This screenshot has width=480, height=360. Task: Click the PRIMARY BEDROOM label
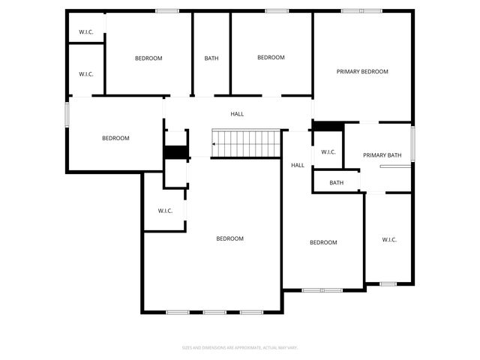362,72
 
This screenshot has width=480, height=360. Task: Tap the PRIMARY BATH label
382,155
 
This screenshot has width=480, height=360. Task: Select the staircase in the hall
246,142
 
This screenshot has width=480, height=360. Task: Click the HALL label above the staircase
237,114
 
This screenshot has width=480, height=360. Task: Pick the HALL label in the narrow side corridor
298,165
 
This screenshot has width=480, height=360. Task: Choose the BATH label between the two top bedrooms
211,58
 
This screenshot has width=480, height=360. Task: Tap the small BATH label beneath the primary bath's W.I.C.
336,182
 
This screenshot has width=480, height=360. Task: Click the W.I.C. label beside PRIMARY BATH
328,152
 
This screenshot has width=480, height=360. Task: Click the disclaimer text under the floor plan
240,347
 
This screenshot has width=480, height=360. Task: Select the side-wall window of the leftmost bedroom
67,115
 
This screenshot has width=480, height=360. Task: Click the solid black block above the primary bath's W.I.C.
328,126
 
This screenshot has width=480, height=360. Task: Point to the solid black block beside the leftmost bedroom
175,151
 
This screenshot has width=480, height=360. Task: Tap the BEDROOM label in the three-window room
229,238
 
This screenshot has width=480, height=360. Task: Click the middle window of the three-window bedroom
214,311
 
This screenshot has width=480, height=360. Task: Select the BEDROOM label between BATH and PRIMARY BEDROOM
271,58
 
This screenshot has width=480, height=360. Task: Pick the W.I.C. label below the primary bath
389,240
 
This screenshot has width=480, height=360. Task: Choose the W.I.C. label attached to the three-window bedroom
165,211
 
